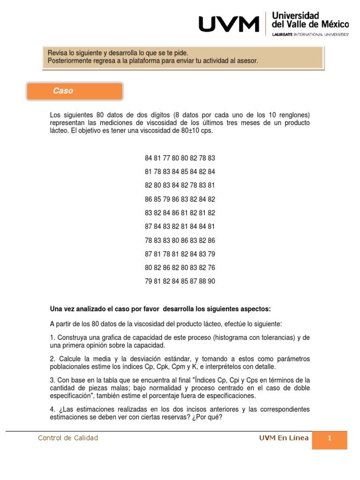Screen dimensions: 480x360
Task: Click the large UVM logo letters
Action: click(229, 24)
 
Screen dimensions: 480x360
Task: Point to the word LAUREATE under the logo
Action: click(282, 35)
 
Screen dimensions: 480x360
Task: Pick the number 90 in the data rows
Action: click(211, 281)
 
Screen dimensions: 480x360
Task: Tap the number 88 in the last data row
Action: click(202, 281)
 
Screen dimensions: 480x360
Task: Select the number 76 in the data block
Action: click(211, 268)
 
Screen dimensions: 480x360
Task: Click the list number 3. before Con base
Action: click(52, 380)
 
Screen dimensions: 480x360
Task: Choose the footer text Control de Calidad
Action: click(68, 438)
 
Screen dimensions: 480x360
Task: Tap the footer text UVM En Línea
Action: click(284, 438)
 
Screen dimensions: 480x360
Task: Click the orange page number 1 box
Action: click(330, 439)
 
